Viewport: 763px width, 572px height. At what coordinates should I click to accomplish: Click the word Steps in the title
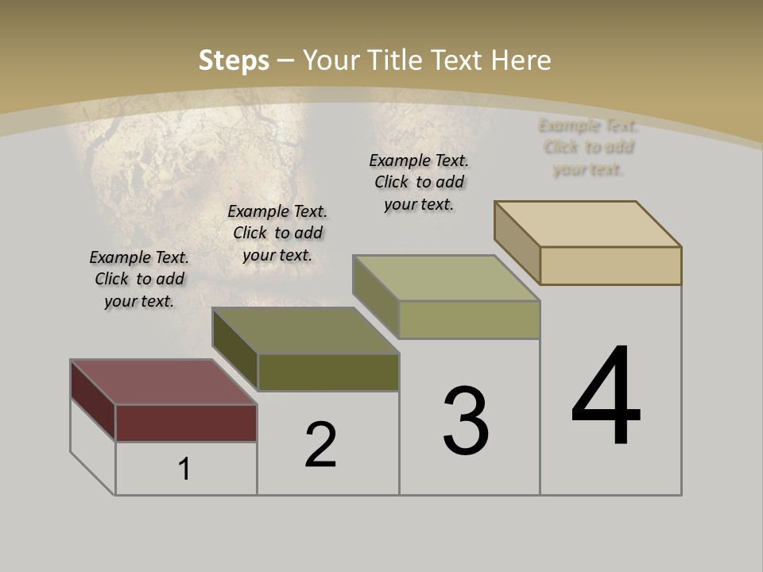[x=233, y=60]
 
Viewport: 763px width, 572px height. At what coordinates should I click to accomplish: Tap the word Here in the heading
[x=521, y=60]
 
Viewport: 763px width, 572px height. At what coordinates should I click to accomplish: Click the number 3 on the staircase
[x=466, y=421]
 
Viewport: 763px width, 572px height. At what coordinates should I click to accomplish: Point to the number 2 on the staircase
[x=320, y=445]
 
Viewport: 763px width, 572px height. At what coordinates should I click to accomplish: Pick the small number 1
[x=184, y=469]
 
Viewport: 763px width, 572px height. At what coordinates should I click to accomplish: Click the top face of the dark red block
[x=163, y=381]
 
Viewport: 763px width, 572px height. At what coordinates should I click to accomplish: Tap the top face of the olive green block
[x=305, y=330]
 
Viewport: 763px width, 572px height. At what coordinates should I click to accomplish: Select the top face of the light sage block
[x=447, y=278]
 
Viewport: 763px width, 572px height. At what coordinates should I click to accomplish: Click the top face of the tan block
[x=588, y=224]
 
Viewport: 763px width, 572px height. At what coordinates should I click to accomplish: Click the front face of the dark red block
[x=186, y=423]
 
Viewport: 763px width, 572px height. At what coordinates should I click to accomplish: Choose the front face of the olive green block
[x=328, y=372]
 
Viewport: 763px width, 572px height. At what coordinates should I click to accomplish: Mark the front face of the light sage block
[x=469, y=319]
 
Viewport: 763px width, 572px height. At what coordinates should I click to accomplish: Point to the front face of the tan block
[x=610, y=265]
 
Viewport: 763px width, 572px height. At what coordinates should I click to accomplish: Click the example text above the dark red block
[x=139, y=279]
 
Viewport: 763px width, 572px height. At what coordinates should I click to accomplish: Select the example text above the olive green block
[x=277, y=233]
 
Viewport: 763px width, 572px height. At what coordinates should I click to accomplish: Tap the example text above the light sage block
[x=419, y=182]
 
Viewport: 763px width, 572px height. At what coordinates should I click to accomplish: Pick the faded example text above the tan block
[x=588, y=147]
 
